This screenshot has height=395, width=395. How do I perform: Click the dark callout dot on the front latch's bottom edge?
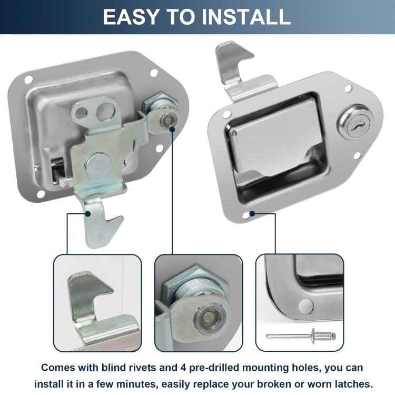pyautogui.click(x=253, y=213)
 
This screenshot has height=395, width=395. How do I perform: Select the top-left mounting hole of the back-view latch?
pyautogui.click(x=28, y=80)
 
